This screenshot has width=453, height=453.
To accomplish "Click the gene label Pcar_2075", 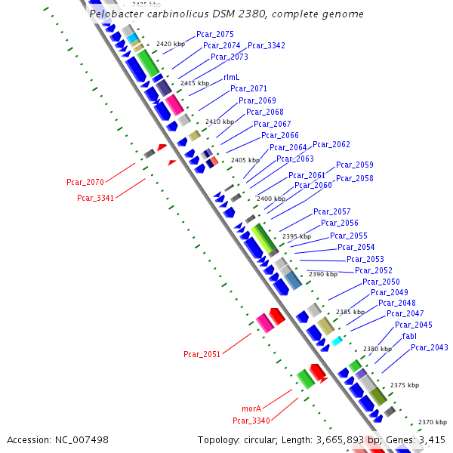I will (x=215, y=34).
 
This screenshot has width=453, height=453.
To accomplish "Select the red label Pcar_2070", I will (x=85, y=182).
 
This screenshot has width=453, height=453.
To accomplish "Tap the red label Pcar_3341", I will (x=95, y=198).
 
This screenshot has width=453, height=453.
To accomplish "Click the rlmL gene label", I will (x=232, y=77).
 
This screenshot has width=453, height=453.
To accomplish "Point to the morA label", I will (x=251, y=408).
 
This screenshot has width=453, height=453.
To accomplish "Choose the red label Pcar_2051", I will (x=202, y=354).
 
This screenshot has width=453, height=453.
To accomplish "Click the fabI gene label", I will (x=409, y=336).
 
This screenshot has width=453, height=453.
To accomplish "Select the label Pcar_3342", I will (x=267, y=45).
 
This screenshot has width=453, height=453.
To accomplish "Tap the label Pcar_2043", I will (x=430, y=347).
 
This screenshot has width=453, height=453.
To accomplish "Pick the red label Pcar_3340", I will (x=251, y=421).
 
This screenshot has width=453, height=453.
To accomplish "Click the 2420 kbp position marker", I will (x=171, y=44).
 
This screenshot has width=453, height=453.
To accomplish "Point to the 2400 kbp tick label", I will (x=271, y=198).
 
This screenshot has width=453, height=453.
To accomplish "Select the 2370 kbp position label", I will (x=433, y=422).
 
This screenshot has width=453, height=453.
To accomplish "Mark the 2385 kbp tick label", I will (x=350, y=312).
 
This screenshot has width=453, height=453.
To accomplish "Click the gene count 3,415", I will (x=431, y=439).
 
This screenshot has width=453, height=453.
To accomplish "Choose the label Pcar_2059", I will (x=355, y=165).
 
